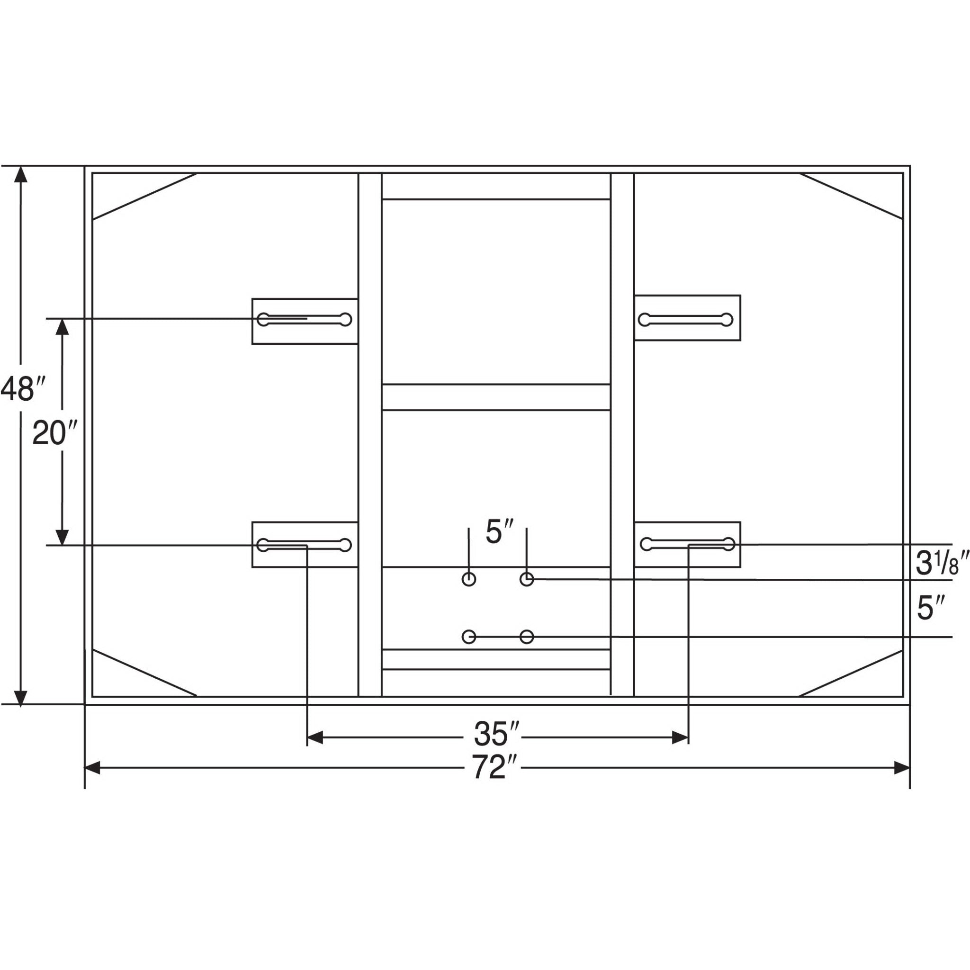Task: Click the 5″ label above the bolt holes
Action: [x=500, y=532]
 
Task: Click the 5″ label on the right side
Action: [x=932, y=609]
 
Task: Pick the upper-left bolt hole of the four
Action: [x=468, y=579]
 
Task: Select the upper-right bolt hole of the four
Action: [x=526, y=579]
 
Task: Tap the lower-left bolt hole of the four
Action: [x=468, y=637]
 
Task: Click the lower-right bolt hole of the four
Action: [x=526, y=637]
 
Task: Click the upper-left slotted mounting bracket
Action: [x=305, y=321]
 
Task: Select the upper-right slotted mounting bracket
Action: [x=687, y=317]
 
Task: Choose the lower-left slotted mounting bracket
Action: [x=305, y=545]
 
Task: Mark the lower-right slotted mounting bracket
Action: [x=687, y=544]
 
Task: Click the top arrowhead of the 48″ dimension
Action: [x=20, y=174]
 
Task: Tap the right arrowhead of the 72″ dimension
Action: [x=902, y=768]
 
